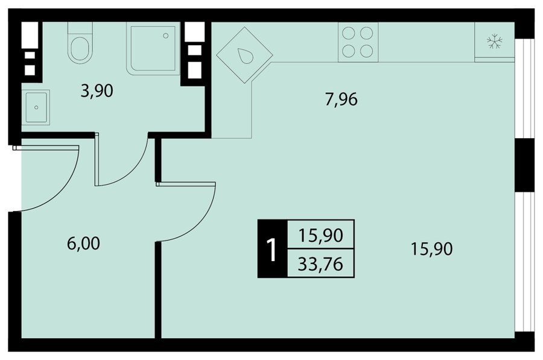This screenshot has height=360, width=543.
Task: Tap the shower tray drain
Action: pos(165,36)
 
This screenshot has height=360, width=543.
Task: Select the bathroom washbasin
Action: pos(36,107)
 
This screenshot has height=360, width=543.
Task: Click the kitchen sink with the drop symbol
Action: pos(244,55)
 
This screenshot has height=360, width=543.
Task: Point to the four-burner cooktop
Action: pos(358,42)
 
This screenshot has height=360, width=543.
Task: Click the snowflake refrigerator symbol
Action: pos(495,42)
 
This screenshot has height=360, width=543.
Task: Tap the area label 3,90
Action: pos(97,91)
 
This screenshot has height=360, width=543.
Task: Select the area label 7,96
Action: pos(341,99)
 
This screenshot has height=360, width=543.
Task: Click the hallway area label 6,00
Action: pos(83,244)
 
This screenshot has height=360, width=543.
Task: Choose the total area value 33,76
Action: pos(321,264)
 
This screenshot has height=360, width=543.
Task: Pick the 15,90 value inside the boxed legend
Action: pos(321,235)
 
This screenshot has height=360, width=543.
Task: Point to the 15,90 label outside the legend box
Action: pos(432,249)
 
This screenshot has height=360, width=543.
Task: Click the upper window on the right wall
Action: pos(525,88)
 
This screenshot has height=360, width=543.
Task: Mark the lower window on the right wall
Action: pos(525,262)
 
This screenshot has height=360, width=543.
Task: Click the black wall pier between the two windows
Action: pos(525,165)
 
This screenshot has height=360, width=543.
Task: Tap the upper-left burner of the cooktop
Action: pos(348,33)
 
